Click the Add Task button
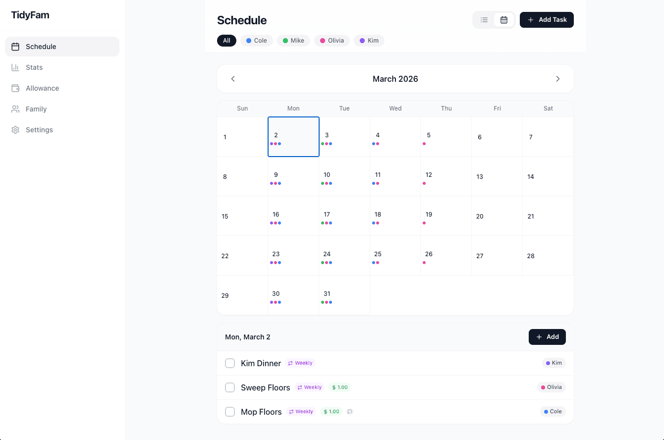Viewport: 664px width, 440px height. point(547,20)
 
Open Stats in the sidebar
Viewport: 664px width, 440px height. point(34,67)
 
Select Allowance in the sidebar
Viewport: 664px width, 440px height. point(42,88)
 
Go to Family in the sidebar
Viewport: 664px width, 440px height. point(36,109)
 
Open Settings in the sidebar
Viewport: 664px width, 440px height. point(39,130)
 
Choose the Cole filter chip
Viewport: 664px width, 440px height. point(257,41)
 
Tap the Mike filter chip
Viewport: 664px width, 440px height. point(293,41)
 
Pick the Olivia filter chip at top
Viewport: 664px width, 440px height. point(332,41)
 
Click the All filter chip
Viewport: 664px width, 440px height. point(226,41)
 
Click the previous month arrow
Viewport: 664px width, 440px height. point(233,79)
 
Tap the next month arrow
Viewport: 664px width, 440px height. point(557,79)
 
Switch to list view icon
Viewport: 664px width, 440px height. point(484,20)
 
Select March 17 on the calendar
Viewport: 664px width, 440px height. point(344,216)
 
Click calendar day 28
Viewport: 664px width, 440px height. point(548,256)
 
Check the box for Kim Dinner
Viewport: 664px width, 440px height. point(230,363)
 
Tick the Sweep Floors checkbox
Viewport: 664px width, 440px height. point(230,387)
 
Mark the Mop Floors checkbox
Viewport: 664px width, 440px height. point(230,412)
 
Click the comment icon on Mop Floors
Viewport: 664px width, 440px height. point(350,412)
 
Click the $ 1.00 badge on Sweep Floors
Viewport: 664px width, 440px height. point(339,387)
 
